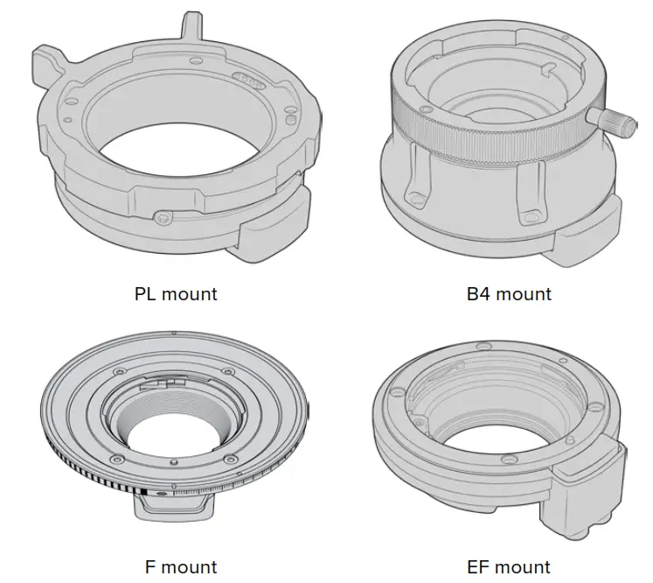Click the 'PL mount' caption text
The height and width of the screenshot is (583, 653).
point(176,294)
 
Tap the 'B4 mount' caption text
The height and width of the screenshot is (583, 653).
point(509,294)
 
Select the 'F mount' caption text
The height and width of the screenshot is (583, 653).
point(181,567)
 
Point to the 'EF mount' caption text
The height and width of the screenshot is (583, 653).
point(509,567)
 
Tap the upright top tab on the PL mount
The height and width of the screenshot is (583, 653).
point(191,26)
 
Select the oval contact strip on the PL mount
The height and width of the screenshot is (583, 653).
point(249,80)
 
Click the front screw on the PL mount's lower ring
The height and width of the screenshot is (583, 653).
point(162,217)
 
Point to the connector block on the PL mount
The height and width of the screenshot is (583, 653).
point(274,225)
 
